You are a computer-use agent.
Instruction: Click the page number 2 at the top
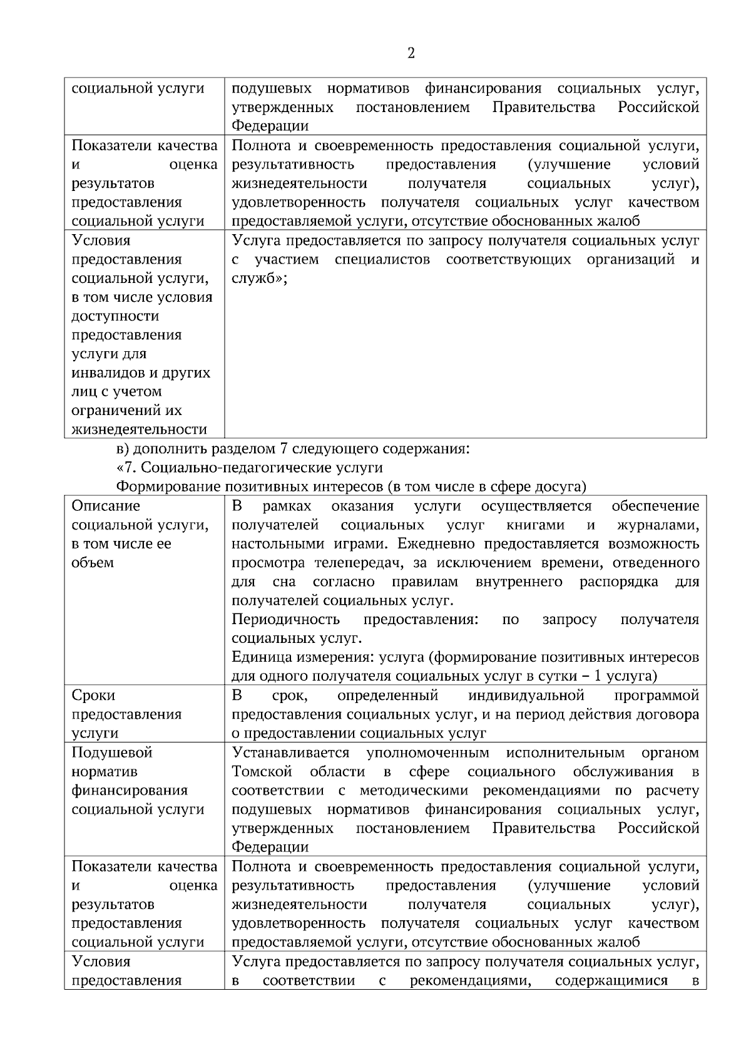411,53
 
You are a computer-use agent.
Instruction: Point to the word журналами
658,525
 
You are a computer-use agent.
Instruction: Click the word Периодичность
285,619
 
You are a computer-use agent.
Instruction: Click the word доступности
115,316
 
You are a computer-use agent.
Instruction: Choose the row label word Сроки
94,696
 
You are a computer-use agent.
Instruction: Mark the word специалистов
382,259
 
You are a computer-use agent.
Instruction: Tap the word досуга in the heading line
559,486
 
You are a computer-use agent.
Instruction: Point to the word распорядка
618,582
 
